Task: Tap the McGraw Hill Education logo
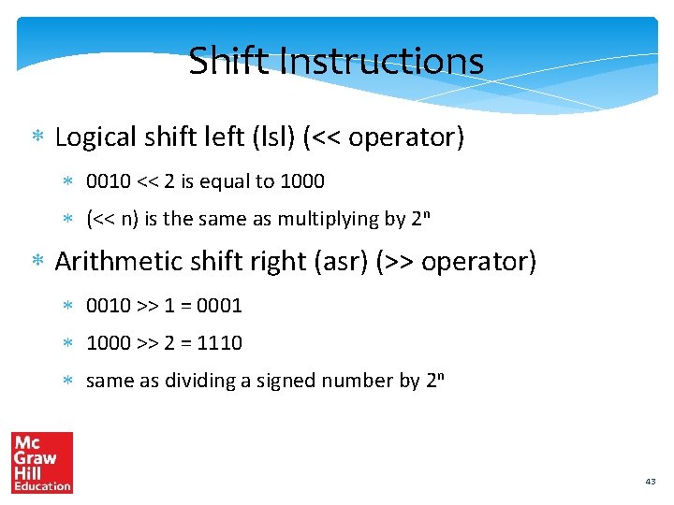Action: pyautogui.click(x=42, y=462)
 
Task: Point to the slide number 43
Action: pyautogui.click(x=651, y=481)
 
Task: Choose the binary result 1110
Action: pyautogui.click(x=220, y=343)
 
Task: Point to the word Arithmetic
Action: pyautogui.click(x=116, y=261)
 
